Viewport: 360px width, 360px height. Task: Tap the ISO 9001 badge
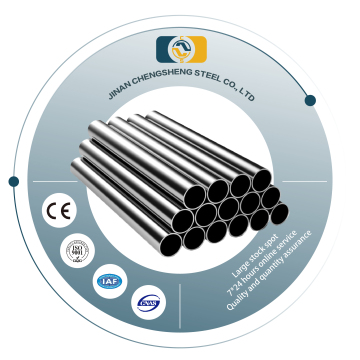coord(78,250)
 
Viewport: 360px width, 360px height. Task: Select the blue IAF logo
coord(108,281)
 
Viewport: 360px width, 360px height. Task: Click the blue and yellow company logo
coord(181,50)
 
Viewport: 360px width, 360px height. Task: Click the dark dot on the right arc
coord(310,100)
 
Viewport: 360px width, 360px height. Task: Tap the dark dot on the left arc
coord(13,181)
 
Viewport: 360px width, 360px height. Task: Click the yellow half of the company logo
coord(194,50)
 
